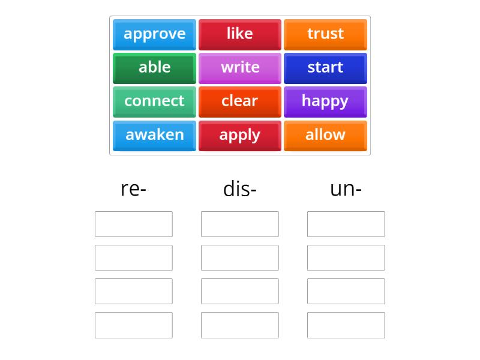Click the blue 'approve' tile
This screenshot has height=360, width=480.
click(154, 35)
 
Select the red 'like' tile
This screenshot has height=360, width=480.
click(239, 35)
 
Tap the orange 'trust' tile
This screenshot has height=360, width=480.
click(325, 35)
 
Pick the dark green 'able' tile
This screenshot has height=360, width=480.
click(154, 68)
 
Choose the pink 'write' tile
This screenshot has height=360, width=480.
click(239, 68)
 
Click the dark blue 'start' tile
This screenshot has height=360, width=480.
click(325, 68)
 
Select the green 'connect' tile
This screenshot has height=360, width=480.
click(154, 102)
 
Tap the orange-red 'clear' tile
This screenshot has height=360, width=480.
click(239, 102)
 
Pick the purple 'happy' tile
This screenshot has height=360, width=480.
click(325, 102)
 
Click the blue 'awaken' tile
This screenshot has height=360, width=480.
click(154, 136)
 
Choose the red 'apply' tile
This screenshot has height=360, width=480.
click(239, 136)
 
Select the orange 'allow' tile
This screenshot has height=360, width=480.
click(325, 136)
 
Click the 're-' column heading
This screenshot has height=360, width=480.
click(133, 189)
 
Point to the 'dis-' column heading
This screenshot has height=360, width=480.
click(239, 188)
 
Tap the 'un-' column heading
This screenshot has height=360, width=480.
click(346, 189)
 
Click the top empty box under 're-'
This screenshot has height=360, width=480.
click(133, 224)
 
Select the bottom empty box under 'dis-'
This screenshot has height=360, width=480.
click(239, 325)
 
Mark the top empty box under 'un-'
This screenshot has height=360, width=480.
click(346, 224)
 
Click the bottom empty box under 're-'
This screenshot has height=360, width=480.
click(133, 325)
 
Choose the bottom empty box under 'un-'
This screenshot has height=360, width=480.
click(346, 325)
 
